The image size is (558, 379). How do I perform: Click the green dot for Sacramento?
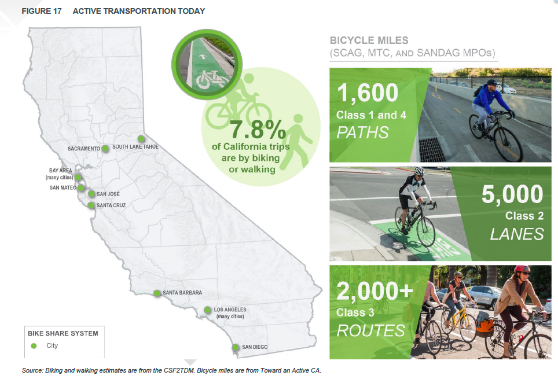coord(105,148)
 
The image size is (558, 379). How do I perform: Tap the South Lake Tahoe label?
coord(135,146)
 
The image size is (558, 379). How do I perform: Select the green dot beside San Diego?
coord(235,347)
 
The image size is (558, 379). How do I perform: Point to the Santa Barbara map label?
coord(182,293)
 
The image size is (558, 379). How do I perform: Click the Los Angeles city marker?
coord(207,310)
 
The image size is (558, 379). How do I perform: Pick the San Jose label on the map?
coord(108,194)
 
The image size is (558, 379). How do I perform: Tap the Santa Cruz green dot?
coord(91,205)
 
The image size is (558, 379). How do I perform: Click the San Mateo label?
coord(63,187)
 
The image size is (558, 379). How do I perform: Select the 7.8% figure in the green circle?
coord(258,130)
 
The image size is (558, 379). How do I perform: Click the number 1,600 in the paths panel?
coord(367,93)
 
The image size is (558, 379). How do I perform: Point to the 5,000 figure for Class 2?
coord(512,194)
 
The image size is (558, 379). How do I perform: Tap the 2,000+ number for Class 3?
coord(375,290)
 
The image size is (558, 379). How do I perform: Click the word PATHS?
coord(362,133)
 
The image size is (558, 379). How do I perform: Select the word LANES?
coord(517,234)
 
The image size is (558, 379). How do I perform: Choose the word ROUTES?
coord(370,330)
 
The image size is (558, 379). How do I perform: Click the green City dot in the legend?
coord(34,346)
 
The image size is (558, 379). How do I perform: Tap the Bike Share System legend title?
coord(63,333)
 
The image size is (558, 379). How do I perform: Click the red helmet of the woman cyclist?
coord(522,268)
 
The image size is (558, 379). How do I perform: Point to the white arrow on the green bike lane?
coord(203,56)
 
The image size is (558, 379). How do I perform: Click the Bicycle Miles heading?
coord(369,40)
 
